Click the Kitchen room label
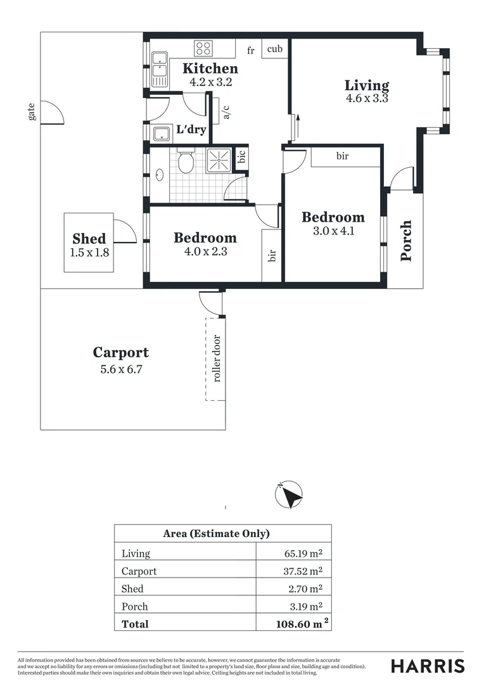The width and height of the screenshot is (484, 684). [x=210, y=69]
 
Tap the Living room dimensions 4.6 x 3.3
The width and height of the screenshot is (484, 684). [x=367, y=99]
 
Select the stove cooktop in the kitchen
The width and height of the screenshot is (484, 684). [x=203, y=47]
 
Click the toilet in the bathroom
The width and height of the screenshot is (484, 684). [x=186, y=162]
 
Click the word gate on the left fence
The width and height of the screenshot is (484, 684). [x=31, y=111]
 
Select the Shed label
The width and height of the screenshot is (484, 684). [x=89, y=239]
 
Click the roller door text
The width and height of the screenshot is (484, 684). [x=217, y=358]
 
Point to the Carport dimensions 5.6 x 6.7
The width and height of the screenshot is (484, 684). [x=121, y=369]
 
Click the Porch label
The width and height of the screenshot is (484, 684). [x=406, y=241]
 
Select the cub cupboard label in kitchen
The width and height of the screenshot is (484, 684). [x=274, y=49]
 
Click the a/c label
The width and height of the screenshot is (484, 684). [x=226, y=111]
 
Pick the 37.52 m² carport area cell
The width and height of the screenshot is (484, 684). [x=303, y=571]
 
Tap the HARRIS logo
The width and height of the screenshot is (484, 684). [x=427, y=666]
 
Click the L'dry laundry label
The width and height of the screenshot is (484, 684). [x=191, y=130]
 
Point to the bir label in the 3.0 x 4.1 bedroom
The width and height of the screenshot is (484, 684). [x=342, y=156]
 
